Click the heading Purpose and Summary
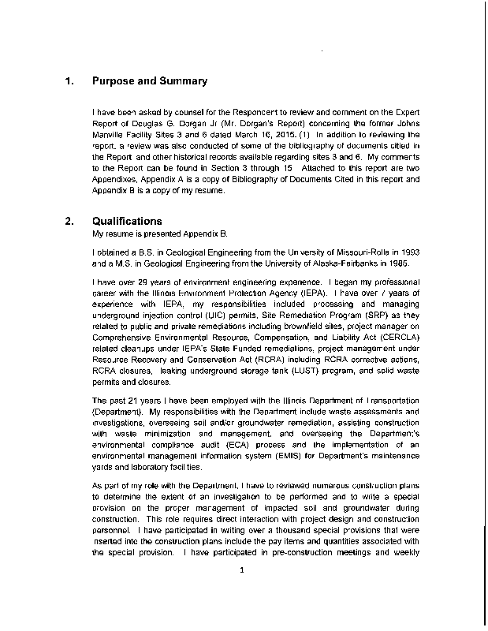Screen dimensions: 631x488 [x=150, y=81]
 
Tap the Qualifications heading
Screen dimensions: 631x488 [x=127, y=222]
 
